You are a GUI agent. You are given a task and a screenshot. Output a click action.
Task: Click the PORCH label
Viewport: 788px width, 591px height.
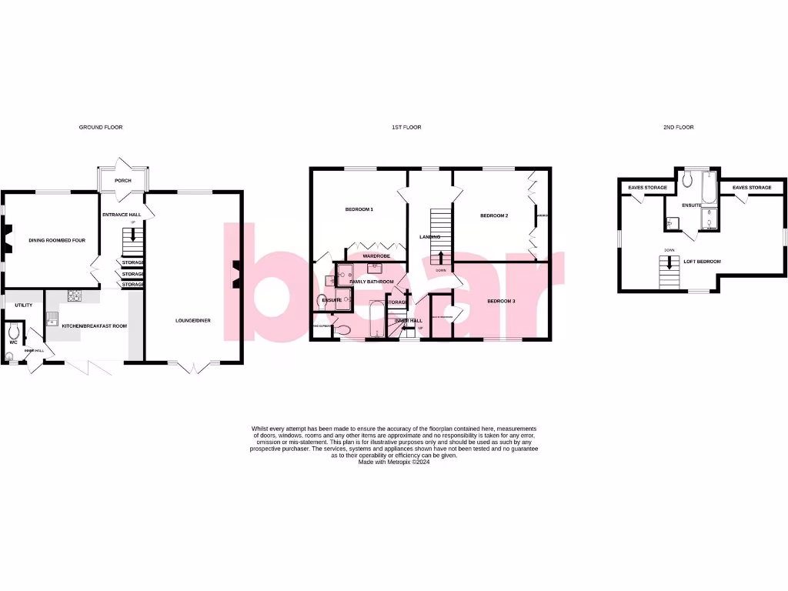pos(122,182)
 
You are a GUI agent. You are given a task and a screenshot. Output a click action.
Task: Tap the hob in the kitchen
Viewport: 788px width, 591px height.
pos(75,295)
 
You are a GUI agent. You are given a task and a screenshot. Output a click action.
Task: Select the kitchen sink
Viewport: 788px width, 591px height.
pos(52,316)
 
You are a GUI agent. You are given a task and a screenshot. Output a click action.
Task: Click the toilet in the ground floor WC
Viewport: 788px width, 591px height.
pos(12,332)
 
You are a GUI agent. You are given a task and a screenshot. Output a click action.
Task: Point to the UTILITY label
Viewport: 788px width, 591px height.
pos(23,306)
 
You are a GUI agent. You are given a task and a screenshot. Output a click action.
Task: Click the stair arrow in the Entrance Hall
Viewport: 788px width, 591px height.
pos(134,234)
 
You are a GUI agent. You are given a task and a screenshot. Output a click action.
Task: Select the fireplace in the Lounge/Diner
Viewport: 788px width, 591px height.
pos(238,270)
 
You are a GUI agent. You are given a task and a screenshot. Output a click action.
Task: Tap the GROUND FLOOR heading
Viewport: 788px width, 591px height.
pos(101,127)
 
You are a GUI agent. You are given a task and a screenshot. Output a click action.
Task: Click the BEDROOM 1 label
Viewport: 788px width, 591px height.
pos(358,209)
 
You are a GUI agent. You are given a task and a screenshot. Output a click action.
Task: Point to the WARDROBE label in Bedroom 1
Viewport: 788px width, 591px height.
pos(376,255)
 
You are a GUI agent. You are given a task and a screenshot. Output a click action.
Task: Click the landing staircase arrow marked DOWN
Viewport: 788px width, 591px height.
pos(440,259)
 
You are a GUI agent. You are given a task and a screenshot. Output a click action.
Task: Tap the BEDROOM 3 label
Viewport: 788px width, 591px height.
pos(502,301)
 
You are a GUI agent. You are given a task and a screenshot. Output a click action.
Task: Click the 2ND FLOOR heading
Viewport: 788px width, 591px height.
pos(678,127)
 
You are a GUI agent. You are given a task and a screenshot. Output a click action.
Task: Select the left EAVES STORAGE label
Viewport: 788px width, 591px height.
pos(647,188)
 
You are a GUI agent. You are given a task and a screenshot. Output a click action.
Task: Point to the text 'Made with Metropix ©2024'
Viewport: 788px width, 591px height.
pos(394,462)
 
